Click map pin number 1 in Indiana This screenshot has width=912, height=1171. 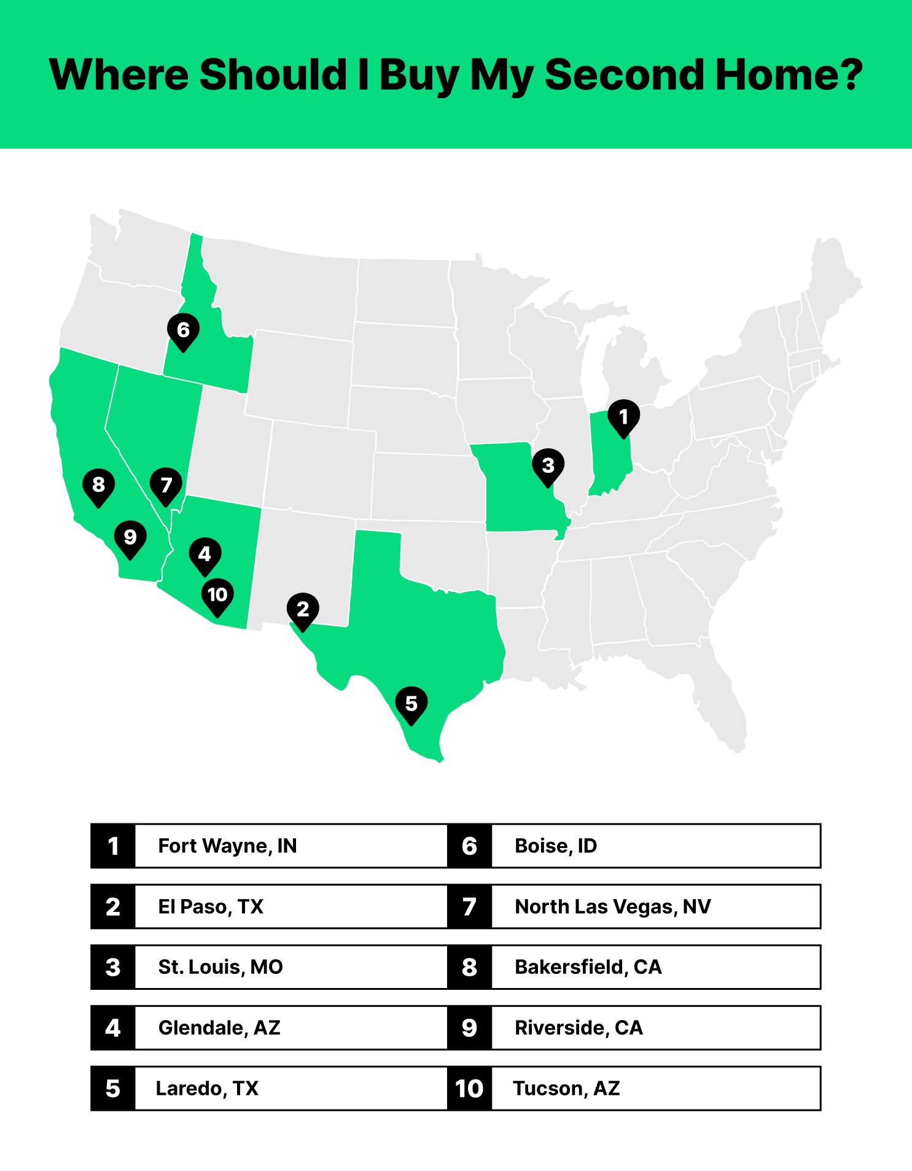click(623, 418)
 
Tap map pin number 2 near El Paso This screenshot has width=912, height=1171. click(303, 610)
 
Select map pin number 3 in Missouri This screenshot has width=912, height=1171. click(548, 466)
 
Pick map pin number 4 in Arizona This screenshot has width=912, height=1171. click(205, 554)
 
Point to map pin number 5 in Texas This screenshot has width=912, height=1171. click(411, 704)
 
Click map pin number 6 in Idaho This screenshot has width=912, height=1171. click(183, 330)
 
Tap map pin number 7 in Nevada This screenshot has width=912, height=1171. click(166, 486)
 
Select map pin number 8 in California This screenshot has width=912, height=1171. click(98, 485)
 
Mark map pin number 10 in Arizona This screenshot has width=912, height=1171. click(217, 595)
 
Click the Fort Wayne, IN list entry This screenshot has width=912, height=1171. click(227, 846)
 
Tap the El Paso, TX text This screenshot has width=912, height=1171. click(211, 907)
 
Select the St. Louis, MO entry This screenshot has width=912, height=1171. click(220, 967)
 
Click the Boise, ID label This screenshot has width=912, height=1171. click(556, 846)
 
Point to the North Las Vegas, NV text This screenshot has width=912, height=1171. click(613, 907)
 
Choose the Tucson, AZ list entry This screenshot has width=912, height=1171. click(566, 1089)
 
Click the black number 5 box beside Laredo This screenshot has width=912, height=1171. click(113, 1089)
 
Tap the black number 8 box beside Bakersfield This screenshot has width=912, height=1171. click(470, 967)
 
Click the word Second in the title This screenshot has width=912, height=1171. click(623, 75)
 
